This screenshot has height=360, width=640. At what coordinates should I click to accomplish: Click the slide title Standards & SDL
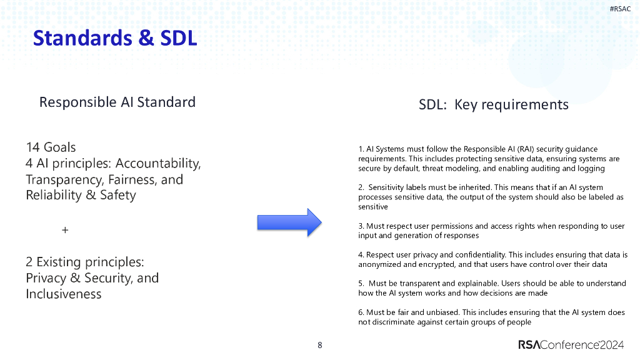[115, 38]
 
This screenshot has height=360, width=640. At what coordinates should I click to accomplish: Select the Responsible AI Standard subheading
[117, 102]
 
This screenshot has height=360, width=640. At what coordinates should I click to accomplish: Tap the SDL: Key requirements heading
[493, 104]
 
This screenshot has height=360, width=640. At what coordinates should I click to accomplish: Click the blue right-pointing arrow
[289, 222]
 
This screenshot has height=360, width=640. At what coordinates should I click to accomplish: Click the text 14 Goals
[51, 147]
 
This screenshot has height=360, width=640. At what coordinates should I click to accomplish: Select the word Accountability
[158, 164]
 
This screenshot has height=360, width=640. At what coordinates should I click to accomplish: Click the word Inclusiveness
[63, 294]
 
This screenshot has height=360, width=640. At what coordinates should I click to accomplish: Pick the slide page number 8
[320, 345]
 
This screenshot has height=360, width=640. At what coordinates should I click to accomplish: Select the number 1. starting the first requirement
[361, 149]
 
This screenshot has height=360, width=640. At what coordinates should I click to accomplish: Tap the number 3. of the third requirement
[361, 226]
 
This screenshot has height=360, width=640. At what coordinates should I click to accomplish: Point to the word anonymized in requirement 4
[379, 264]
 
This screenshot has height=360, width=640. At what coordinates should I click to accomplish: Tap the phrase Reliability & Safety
[81, 195]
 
